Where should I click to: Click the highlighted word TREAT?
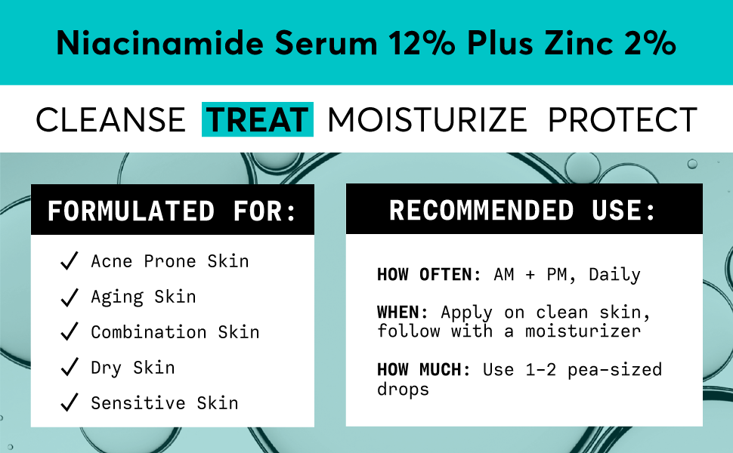point(257,120)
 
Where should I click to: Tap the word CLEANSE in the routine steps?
point(110,120)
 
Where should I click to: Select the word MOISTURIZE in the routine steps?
point(428,120)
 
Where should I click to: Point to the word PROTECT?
point(622,120)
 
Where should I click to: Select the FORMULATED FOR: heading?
point(172,211)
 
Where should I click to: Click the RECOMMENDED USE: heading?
point(523,211)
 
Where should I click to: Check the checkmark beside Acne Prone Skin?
point(70,262)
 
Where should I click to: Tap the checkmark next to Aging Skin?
point(70,297)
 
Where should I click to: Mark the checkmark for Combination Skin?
point(70,332)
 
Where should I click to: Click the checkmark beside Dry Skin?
point(70,368)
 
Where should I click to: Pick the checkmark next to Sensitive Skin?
point(70,403)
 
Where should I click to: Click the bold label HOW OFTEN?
point(425,275)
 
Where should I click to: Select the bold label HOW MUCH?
point(419,370)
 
